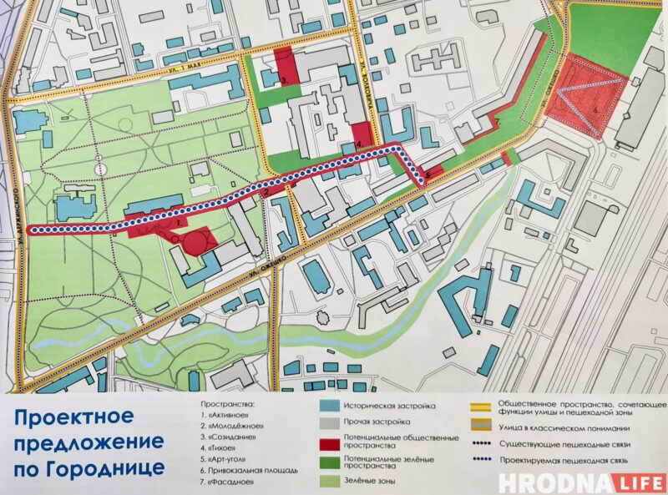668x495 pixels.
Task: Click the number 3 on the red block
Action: tap(285, 80)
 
